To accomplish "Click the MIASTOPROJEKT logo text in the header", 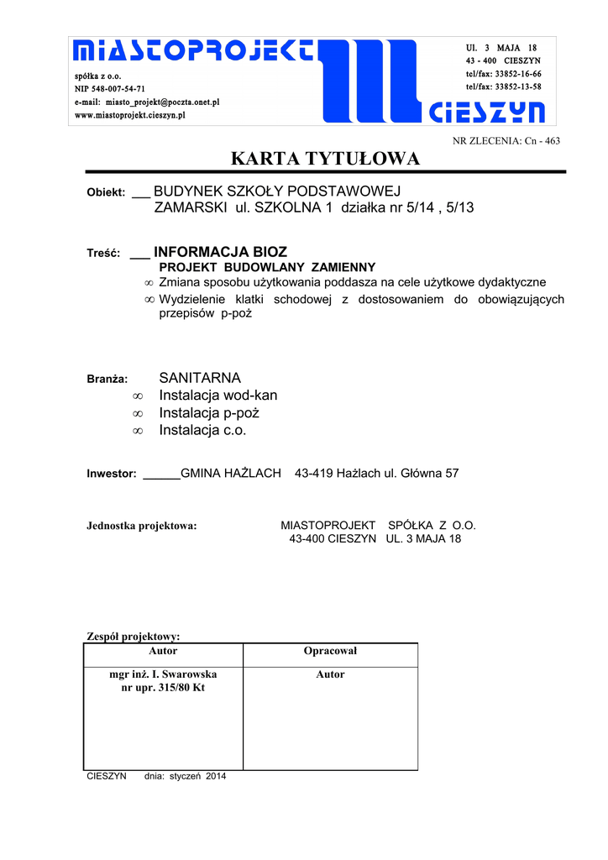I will pyautogui.click(x=194, y=52).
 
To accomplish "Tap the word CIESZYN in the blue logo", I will pyautogui.click(x=487, y=112).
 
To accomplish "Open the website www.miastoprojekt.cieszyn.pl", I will pyautogui.click(x=130, y=115).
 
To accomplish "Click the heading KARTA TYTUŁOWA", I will pyautogui.click(x=325, y=159).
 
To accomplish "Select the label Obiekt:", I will pyautogui.click(x=106, y=193).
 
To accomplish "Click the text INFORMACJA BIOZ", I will pyautogui.click(x=220, y=252).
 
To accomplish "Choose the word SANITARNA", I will pyautogui.click(x=200, y=378).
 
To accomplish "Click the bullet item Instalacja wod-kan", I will pyautogui.click(x=218, y=396).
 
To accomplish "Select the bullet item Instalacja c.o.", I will pyautogui.click(x=202, y=431).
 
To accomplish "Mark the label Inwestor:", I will pyautogui.click(x=112, y=474).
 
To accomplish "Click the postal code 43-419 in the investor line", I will pyautogui.click(x=313, y=474).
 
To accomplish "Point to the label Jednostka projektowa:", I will pyautogui.click(x=142, y=527).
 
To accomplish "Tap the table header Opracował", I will pyautogui.click(x=330, y=651).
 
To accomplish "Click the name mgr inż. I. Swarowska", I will pyautogui.click(x=163, y=674).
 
